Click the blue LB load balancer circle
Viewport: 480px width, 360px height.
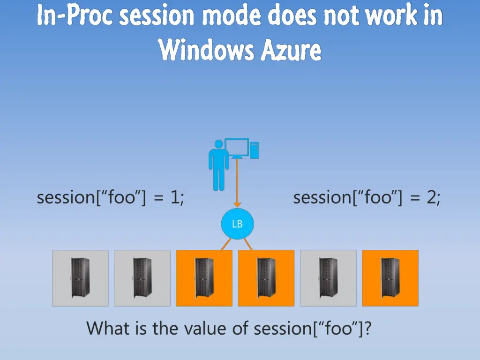pyautogui.click(x=237, y=224)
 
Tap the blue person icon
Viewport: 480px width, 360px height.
pyautogui.click(x=218, y=165)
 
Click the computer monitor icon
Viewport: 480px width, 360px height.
pyautogui.click(x=237, y=148)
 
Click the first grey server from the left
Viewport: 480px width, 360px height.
pyautogui.click(x=80, y=278)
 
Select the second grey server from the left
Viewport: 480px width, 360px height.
pyautogui.click(x=142, y=278)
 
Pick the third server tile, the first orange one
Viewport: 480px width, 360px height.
pyautogui.click(x=204, y=278)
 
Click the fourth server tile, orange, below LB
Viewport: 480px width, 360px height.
pyautogui.click(x=266, y=278)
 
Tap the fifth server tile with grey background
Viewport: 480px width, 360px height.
pyautogui.click(x=328, y=278)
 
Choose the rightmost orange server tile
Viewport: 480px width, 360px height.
pyautogui.click(x=390, y=278)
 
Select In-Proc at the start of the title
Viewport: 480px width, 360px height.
pyautogui.click(x=75, y=16)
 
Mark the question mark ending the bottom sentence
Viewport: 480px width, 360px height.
pyautogui.click(x=368, y=328)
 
